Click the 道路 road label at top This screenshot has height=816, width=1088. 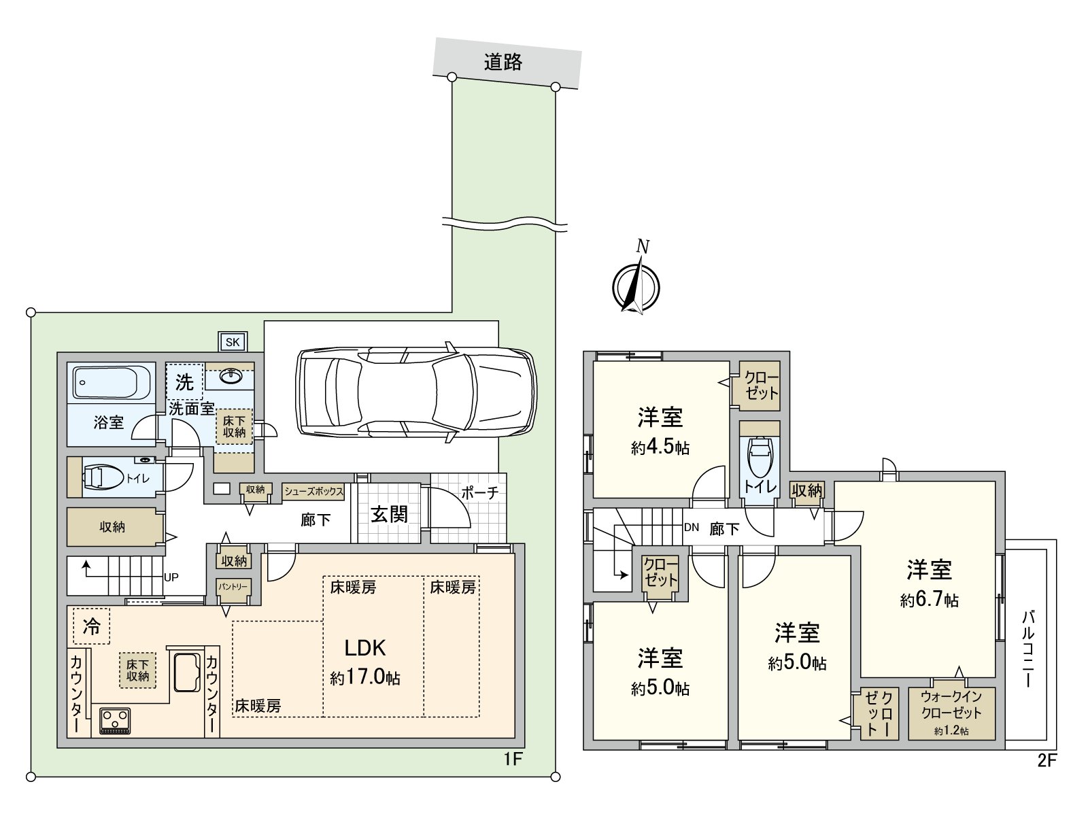[x=503, y=63]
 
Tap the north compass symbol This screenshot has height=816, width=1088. [x=636, y=285]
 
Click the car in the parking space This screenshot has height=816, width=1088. [x=416, y=393]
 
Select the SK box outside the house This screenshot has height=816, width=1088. [x=233, y=342]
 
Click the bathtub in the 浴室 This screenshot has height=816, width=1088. [x=112, y=383]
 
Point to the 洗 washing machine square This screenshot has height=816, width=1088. [x=184, y=382]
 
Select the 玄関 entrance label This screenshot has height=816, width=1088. [x=389, y=514]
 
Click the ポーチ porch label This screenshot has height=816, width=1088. [x=480, y=492]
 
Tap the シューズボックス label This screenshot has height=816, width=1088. [x=313, y=491]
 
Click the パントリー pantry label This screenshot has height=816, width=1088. [x=233, y=586]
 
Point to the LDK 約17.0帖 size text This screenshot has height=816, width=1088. [x=365, y=677]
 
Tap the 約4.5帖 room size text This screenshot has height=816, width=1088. [x=660, y=447]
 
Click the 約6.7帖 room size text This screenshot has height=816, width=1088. [x=930, y=600]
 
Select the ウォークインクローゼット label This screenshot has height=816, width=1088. [x=951, y=706]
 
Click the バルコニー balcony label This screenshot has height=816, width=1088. [x=1028, y=648]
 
